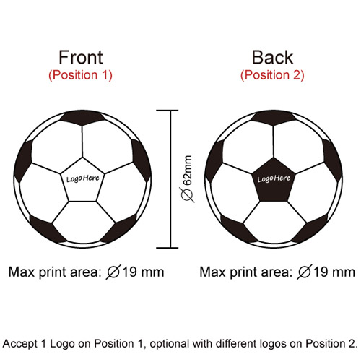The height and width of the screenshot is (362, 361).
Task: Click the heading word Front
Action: tap(81, 57)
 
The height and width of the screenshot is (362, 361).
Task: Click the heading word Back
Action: tap(272, 57)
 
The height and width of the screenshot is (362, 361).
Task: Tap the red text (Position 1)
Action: tap(80, 75)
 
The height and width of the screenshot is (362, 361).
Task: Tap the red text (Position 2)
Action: tap(272, 75)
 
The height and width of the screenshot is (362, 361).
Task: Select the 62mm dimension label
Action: tap(188, 171)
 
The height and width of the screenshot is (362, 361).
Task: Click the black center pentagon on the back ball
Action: tap(274, 181)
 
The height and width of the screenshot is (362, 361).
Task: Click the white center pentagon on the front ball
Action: tap(82, 181)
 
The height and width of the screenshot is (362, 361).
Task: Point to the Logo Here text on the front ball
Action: tap(82, 178)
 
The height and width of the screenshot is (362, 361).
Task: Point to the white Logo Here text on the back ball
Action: tap(274, 178)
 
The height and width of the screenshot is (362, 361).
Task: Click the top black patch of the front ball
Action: tap(82, 118)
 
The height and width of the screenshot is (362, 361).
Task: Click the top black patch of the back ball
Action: tap(274, 118)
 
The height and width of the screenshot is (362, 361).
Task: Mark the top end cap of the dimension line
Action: tap(168, 111)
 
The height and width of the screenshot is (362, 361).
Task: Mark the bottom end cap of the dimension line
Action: tap(168, 248)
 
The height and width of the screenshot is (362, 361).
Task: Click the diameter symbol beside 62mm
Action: tap(188, 194)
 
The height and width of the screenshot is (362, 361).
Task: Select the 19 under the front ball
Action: tap(130, 272)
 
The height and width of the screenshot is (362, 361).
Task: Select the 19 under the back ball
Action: tap(321, 272)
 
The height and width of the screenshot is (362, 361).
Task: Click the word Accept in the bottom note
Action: tap(20, 344)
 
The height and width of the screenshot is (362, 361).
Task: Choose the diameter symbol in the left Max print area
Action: tap(113, 272)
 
